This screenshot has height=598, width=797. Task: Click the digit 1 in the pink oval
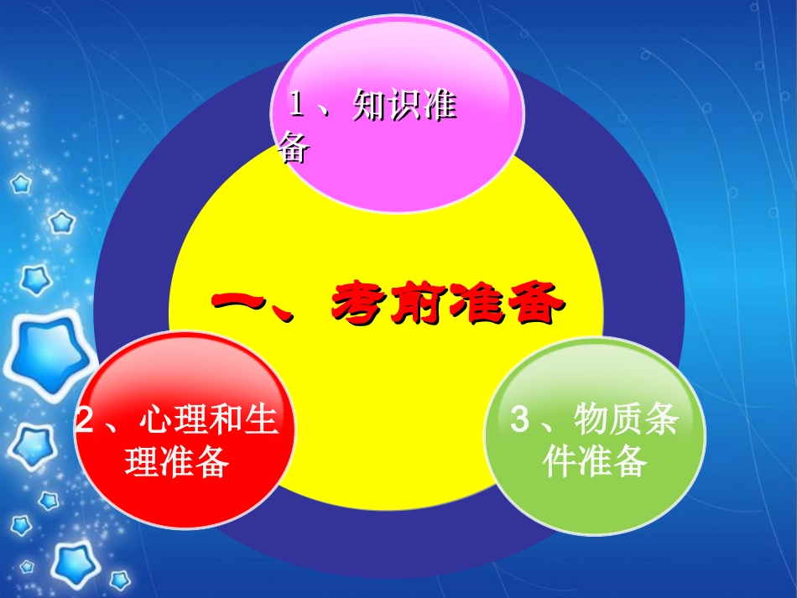[x=296, y=107]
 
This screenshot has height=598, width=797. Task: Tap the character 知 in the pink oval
[x=370, y=107]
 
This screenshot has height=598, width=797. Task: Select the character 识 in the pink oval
[x=404, y=107]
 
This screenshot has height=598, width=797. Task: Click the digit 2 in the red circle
[x=84, y=420]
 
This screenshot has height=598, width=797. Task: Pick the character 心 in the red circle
[x=156, y=419]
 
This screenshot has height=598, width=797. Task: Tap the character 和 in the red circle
[x=225, y=419]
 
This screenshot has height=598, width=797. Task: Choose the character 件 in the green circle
[x=560, y=461]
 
